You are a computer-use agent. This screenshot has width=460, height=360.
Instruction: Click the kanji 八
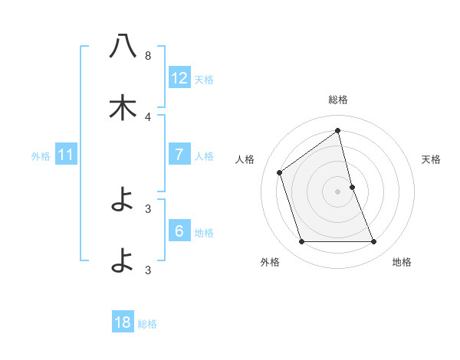pyautogui.click(x=123, y=47)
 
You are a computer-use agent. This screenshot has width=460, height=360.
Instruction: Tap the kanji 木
pyautogui.click(x=123, y=108)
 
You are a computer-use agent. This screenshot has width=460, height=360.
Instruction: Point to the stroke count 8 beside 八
pyautogui.click(x=148, y=56)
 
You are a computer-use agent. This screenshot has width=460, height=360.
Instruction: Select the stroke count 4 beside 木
pyautogui.click(x=148, y=116)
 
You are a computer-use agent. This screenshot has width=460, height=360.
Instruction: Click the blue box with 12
pyautogui.click(x=179, y=77)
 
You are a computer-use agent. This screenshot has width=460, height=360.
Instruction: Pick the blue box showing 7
pyautogui.click(x=179, y=155)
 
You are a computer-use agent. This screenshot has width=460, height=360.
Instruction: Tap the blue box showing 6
pyautogui.click(x=179, y=231)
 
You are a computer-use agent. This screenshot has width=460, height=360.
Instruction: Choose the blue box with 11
pyautogui.click(x=65, y=155)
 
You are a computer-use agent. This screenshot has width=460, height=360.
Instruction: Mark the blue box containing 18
pyautogui.click(x=123, y=322)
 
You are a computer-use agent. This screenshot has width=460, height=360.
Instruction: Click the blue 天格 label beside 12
pyautogui.click(x=204, y=79)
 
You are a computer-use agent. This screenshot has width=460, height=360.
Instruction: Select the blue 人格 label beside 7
pyautogui.click(x=204, y=156)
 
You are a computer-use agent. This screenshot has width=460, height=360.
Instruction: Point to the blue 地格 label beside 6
pyautogui.click(x=204, y=233)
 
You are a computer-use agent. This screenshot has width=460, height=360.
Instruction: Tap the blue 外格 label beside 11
pyautogui.click(x=41, y=156)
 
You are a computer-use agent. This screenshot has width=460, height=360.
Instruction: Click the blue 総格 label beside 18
pyautogui.click(x=147, y=324)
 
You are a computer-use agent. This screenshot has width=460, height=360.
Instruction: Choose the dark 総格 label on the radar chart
pyautogui.click(x=338, y=100)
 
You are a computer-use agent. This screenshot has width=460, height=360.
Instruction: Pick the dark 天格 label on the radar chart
pyautogui.click(x=432, y=159)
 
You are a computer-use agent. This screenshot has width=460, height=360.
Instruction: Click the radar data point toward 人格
pyautogui.click(x=280, y=172)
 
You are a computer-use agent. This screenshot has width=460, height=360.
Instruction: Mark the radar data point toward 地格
pyautogui.click(x=374, y=242)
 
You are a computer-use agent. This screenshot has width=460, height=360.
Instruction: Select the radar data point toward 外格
pyautogui.click(x=301, y=242)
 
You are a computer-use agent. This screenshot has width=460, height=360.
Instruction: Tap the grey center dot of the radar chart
pyautogui.click(x=338, y=191)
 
